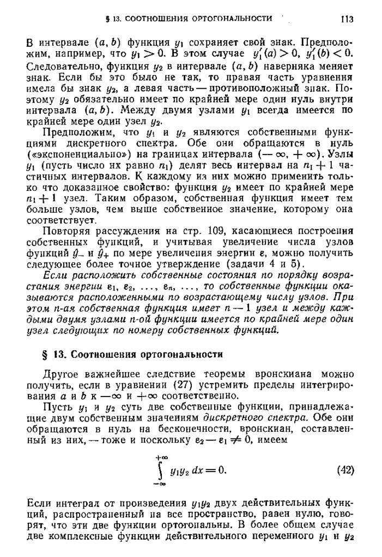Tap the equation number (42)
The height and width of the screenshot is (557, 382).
[x=346, y=469]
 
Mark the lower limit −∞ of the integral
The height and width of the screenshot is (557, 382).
[x=160, y=483]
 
